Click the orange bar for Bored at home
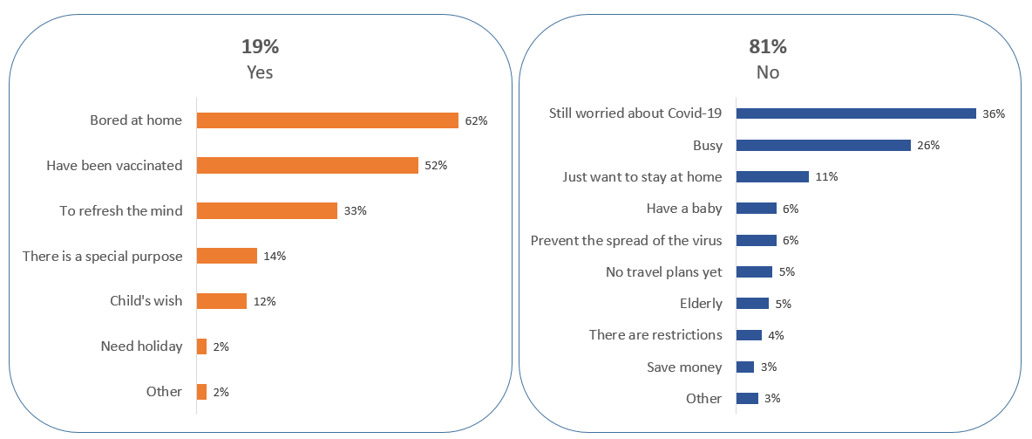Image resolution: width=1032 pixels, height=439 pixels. (x=327, y=120)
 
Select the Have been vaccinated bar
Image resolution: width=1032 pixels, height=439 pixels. (x=307, y=166)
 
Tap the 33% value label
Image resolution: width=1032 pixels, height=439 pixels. (x=356, y=211)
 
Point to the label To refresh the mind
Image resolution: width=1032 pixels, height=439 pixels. (x=121, y=210)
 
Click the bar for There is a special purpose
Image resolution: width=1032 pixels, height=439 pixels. (x=227, y=256)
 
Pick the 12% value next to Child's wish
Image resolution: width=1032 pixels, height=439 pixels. (x=265, y=301)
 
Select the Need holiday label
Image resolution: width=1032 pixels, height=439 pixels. (x=141, y=346)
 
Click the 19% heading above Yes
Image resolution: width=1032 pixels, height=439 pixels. (x=260, y=47)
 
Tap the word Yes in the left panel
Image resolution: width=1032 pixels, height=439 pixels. (x=260, y=72)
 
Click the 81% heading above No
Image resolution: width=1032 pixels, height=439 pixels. (x=767, y=47)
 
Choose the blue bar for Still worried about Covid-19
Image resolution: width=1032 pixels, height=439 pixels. (x=855, y=113)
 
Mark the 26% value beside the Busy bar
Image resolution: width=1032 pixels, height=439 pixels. (x=928, y=145)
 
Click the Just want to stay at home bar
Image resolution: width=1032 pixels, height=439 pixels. (x=772, y=176)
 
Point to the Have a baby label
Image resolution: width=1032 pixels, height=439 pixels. (x=683, y=209)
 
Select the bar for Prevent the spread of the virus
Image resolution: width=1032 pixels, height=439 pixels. (x=756, y=240)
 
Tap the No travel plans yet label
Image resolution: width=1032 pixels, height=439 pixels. (x=663, y=271)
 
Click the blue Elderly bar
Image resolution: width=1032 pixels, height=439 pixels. (x=752, y=304)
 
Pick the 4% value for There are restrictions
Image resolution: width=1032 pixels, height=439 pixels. (x=777, y=335)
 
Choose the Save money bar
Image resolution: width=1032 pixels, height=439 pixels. (x=745, y=367)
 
